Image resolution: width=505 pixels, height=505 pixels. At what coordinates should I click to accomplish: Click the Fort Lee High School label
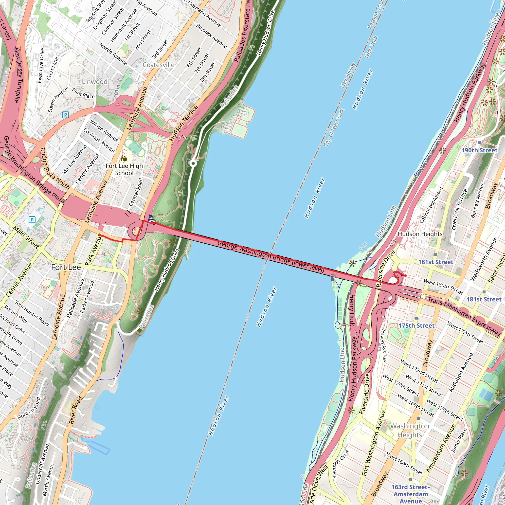coord(124,169)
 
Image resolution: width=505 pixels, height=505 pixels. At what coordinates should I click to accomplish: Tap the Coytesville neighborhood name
coord(158,65)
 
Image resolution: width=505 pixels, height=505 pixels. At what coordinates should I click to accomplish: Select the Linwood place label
coord(95,82)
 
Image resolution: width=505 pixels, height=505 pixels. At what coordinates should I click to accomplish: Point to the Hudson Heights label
coord(420,234)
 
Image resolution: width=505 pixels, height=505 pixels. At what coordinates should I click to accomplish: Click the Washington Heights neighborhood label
coord(410,431)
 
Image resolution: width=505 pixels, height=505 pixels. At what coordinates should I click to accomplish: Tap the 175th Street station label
coord(416,325)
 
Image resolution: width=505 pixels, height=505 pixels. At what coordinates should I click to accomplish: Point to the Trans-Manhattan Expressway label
coord(465,316)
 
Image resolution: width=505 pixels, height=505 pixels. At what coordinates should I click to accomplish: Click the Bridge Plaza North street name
coord(55,168)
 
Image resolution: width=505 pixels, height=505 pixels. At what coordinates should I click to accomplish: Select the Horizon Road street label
coord(29,408)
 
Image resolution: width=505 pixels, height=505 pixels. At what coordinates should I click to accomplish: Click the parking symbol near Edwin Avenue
coord(65,115)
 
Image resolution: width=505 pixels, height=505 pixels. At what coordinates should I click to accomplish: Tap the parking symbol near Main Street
coord(32,219)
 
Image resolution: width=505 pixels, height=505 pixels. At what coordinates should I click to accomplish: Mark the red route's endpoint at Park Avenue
coord(100,235)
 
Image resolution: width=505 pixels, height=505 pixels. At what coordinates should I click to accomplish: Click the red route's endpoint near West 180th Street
coord(405,276)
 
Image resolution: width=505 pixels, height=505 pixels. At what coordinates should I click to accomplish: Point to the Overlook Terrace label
coord(459,209)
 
